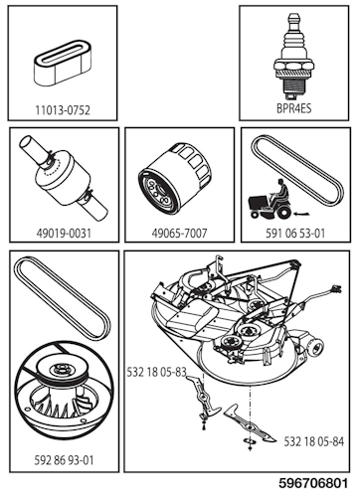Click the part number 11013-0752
pos(63,108)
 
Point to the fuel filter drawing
pos(62,179)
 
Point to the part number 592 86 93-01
pos(63,460)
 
